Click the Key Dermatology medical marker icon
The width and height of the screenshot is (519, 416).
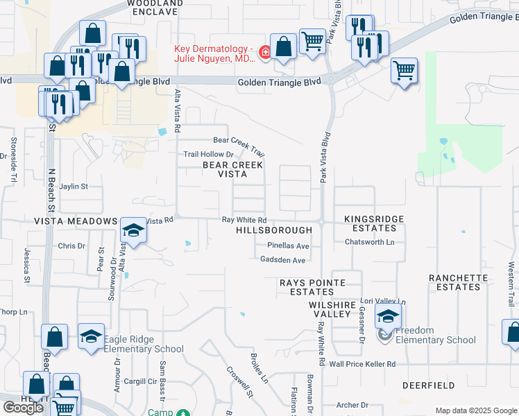coord(264,53)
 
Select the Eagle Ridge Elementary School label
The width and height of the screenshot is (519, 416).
coord(144,349)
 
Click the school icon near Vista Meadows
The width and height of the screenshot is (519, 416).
coord(134,230)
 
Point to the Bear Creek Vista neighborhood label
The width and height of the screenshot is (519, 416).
coord(232,170)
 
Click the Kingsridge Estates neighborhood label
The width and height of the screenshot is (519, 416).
coord(374,223)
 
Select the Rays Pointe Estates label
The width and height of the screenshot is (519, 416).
coord(307,288)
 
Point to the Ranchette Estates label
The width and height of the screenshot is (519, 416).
coord(459,282)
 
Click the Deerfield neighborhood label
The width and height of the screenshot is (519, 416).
coord(428,385)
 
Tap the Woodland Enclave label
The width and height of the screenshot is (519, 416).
coord(155,8)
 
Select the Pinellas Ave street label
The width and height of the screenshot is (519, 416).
coord(288,246)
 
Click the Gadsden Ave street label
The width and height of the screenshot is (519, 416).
coord(282,260)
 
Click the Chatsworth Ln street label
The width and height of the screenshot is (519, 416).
coord(369,242)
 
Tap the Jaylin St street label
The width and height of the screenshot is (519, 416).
coord(74,187)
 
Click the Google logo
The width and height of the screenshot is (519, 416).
coord(23,408)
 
